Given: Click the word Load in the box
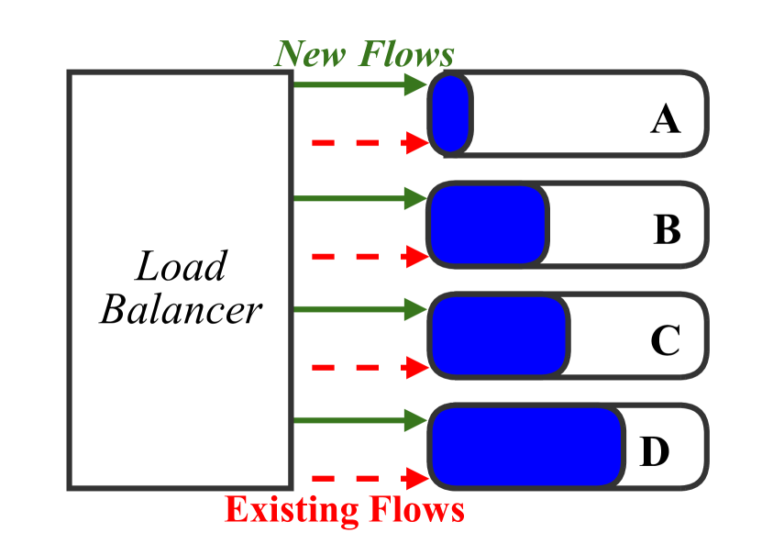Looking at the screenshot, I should pyautogui.click(x=181, y=268).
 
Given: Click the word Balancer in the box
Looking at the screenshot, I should pyautogui.click(x=181, y=310).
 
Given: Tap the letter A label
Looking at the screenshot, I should pyautogui.click(x=665, y=118).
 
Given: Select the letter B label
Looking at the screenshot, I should pyautogui.click(x=667, y=229).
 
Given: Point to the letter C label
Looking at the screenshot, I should pyautogui.click(x=665, y=341).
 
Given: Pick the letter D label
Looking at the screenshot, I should pyautogui.click(x=654, y=451).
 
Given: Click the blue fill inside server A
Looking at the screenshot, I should pyautogui.click(x=450, y=114).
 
